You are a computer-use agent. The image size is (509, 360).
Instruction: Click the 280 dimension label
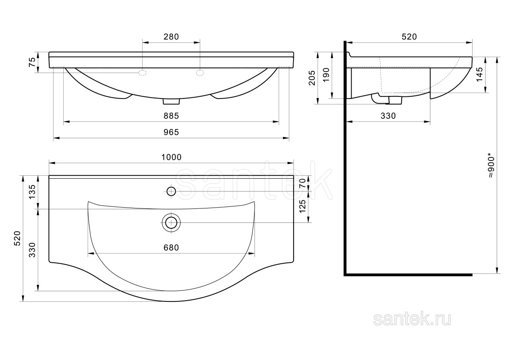pos(171,37)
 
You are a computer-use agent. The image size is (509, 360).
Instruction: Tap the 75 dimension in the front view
pos(32,62)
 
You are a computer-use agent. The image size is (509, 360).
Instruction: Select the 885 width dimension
pos(171,116)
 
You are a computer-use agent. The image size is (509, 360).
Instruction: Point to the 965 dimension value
pos(171,132)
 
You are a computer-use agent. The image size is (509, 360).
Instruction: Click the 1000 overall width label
pos(171,157)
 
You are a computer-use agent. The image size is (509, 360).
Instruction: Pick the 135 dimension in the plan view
pos(32,192)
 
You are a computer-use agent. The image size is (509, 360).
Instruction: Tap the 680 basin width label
pos(171,247)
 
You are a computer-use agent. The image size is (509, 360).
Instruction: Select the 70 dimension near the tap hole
pos(302,183)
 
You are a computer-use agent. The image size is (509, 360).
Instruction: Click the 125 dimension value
pos(302,206)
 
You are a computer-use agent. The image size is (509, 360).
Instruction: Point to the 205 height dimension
pos(312,78)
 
